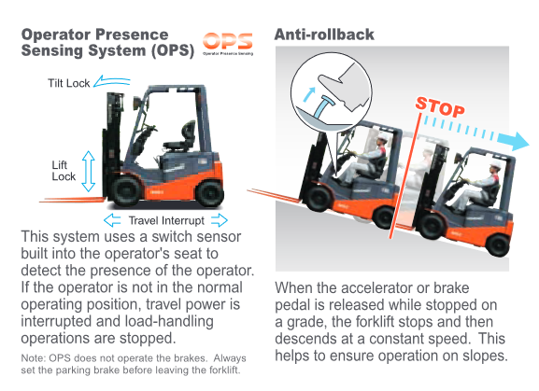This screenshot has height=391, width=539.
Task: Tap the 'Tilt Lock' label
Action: (69, 83)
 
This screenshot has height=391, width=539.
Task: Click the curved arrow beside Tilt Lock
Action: (112, 81)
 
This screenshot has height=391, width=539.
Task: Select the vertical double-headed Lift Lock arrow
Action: (89, 171)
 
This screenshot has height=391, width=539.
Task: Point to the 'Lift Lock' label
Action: (64, 171)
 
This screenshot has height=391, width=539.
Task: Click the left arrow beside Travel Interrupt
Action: (112, 220)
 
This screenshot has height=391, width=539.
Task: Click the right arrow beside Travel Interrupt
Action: (220, 220)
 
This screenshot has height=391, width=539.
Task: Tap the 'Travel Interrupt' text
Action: (166, 220)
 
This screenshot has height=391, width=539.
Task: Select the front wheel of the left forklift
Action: (125, 191)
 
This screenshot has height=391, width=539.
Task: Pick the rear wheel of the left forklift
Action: (209, 193)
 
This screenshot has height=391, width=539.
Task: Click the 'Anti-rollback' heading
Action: (324, 35)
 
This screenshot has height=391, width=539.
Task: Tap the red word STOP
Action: (440, 107)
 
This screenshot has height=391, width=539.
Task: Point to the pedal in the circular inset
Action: (322, 107)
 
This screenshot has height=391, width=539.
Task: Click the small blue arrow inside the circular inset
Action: (309, 94)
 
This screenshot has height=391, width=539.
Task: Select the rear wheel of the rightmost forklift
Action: (497, 244)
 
